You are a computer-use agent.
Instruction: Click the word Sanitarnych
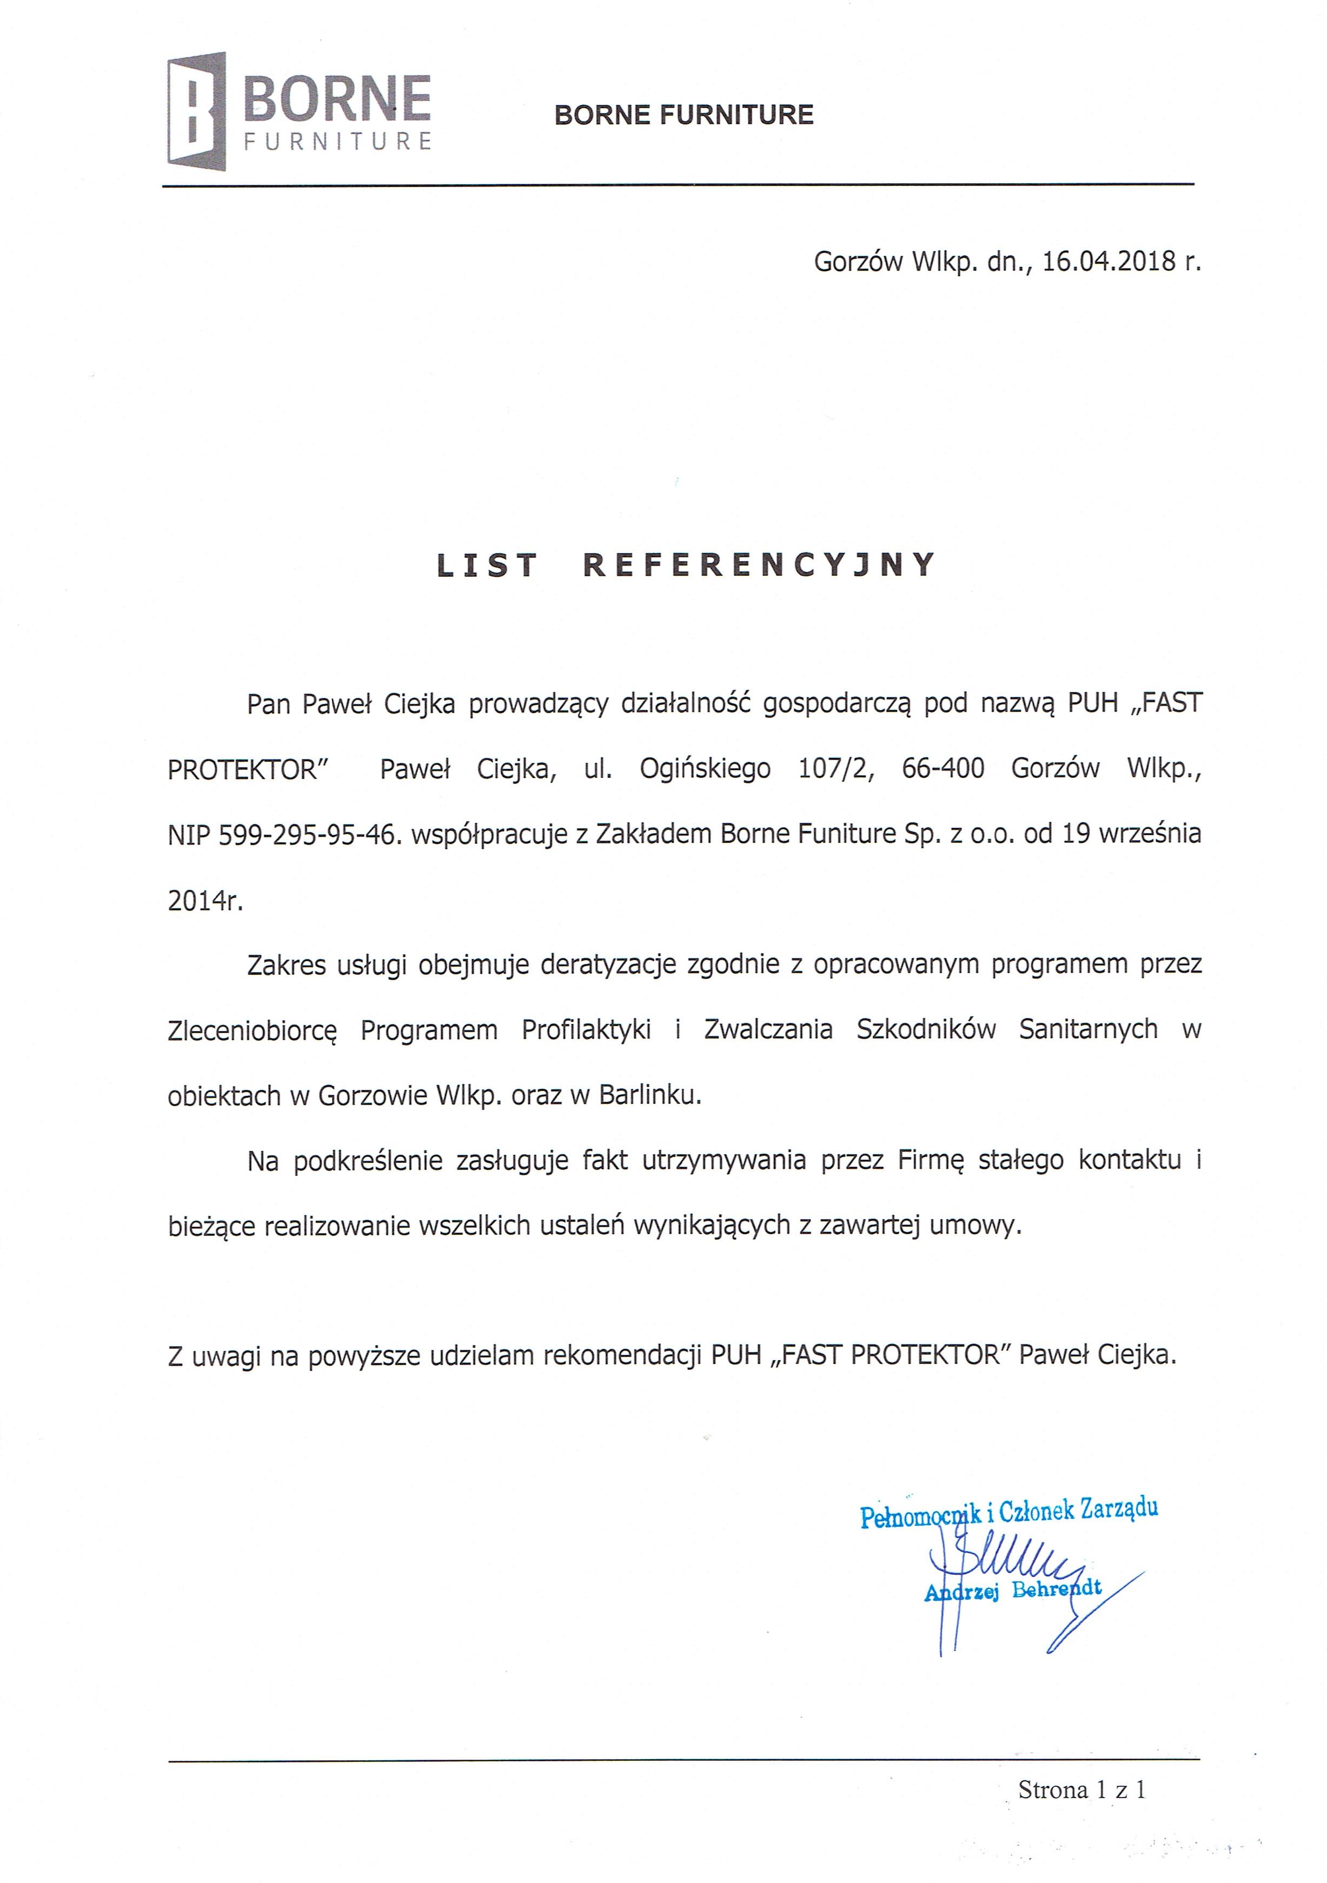coord(1087,1029)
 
